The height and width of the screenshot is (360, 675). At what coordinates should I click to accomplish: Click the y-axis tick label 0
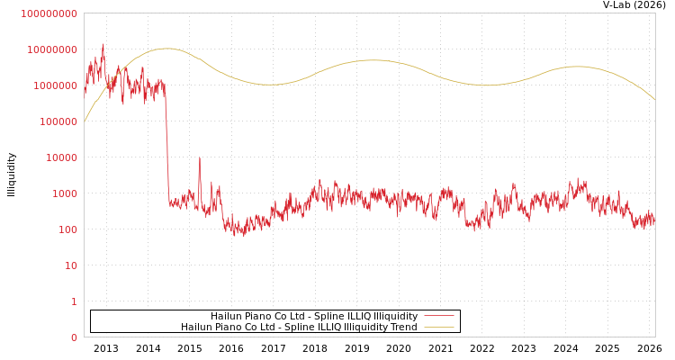click(74, 337)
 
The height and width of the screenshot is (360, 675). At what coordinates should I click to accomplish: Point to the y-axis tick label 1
click(74, 301)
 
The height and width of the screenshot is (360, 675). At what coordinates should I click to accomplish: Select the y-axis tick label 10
click(71, 265)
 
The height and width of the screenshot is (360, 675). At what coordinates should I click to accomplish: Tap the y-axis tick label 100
click(68, 229)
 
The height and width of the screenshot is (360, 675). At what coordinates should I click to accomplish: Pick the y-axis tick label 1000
click(66, 193)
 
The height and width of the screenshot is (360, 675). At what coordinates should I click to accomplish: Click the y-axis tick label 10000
click(63, 157)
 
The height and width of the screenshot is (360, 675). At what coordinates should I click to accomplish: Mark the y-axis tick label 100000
click(60, 121)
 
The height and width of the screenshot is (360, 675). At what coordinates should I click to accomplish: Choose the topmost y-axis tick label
click(49, 13)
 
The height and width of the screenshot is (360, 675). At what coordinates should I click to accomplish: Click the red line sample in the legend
click(438, 317)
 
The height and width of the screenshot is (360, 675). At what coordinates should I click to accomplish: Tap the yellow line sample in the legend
click(438, 328)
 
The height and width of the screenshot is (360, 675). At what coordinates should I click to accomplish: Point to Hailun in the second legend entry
click(195, 328)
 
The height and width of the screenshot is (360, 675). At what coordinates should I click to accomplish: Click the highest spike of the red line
click(103, 44)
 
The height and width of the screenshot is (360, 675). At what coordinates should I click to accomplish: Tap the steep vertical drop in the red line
click(166, 144)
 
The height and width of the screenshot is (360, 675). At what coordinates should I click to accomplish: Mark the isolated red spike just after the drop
click(199, 159)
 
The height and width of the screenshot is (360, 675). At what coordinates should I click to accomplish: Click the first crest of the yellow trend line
click(166, 49)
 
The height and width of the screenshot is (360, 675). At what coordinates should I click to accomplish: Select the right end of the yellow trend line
click(654, 99)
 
